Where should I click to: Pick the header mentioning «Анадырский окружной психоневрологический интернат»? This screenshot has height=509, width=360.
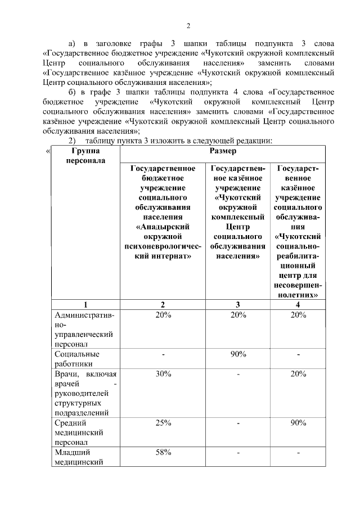163,212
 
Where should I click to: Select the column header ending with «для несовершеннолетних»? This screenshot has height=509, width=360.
298,231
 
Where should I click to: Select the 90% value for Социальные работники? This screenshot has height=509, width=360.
238,354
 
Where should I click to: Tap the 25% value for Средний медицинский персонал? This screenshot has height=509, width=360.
163,424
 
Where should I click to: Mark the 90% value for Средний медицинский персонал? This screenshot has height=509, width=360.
298,424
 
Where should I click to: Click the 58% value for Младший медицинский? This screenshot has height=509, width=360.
163,453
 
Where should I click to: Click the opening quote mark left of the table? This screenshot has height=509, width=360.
48,151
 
